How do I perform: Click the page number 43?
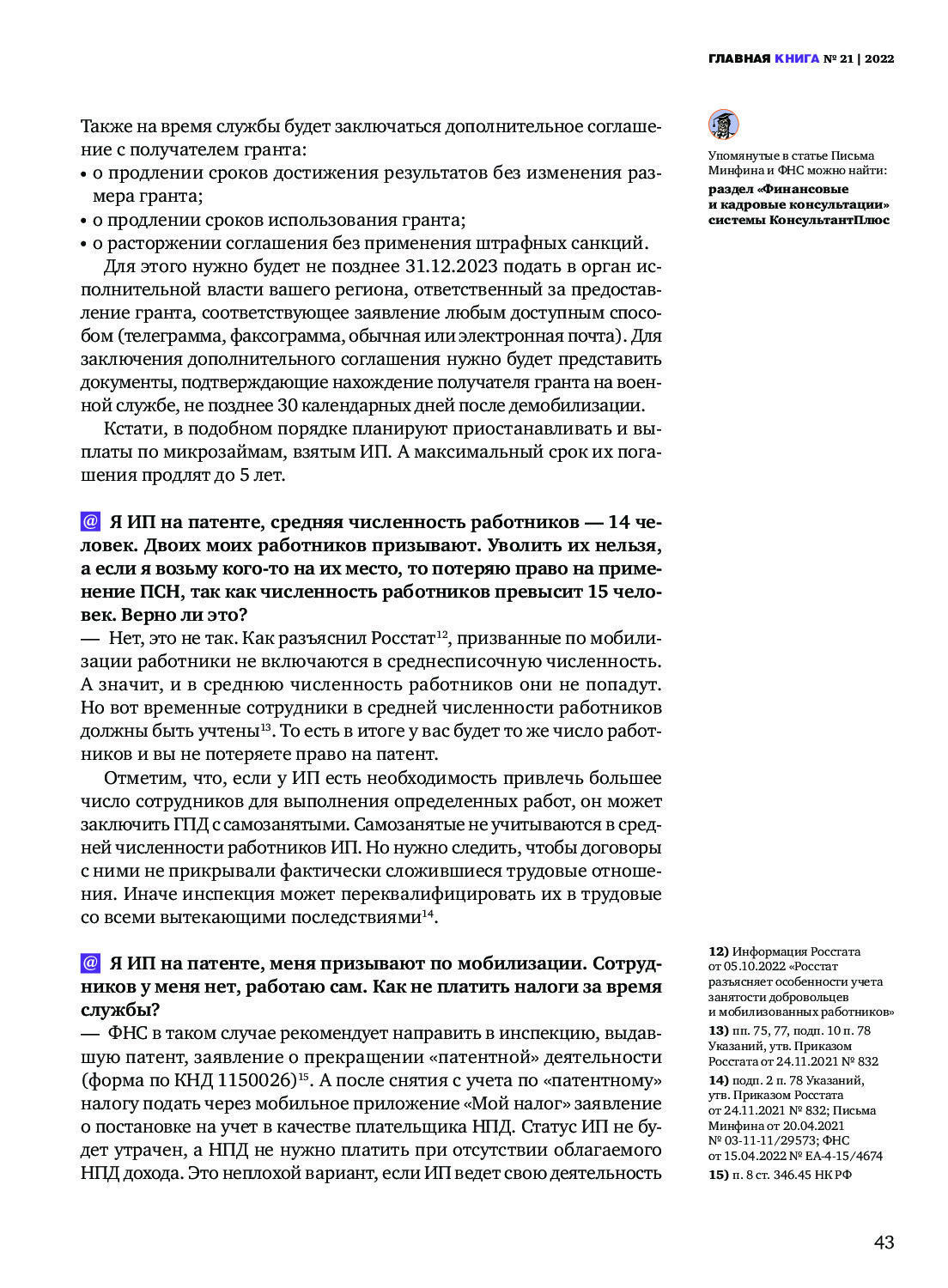(884, 1242)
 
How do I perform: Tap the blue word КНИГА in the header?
(796, 59)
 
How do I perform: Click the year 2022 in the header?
(879, 59)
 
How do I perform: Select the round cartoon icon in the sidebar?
(723, 125)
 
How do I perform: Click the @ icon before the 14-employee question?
(90, 521)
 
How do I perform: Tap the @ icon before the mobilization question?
(90, 963)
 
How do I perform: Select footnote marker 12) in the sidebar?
(718, 951)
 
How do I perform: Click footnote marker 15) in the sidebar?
(718, 1175)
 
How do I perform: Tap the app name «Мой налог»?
(507, 1103)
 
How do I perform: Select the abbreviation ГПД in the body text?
(191, 824)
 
